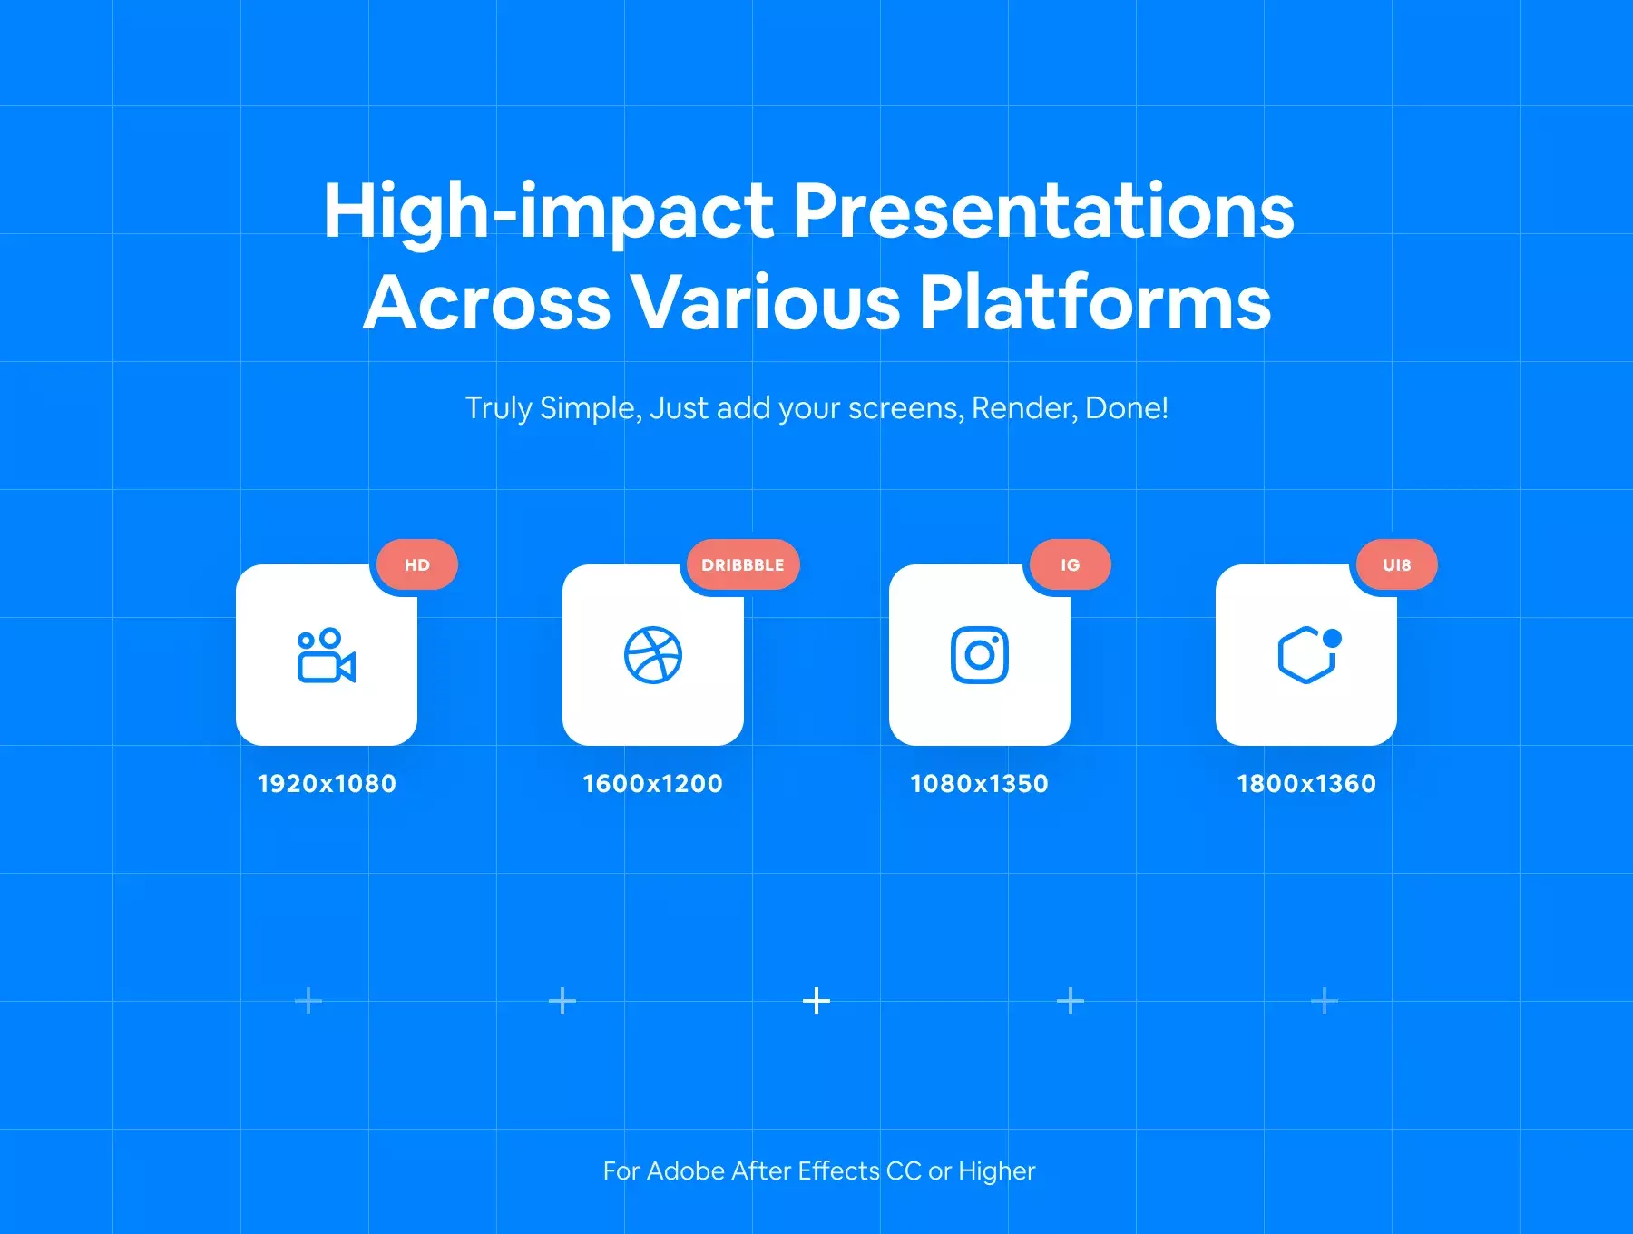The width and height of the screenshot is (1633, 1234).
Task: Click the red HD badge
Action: (x=417, y=564)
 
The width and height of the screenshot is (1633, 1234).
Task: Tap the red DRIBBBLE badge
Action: (x=743, y=564)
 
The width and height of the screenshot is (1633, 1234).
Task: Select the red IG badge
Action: (x=1071, y=564)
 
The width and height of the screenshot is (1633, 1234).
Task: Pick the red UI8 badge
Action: (x=1397, y=564)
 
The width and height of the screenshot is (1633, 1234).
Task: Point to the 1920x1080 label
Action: (x=327, y=783)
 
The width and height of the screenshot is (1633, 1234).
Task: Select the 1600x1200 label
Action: (x=652, y=783)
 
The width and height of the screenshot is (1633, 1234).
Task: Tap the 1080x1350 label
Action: (x=979, y=783)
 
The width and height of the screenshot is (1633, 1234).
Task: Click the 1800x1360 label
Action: (x=1306, y=783)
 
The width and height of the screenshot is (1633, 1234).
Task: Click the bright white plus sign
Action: (x=816, y=1001)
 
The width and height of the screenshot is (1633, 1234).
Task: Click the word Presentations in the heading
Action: (x=1044, y=211)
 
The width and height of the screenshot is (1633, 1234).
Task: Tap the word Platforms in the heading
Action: (x=1095, y=302)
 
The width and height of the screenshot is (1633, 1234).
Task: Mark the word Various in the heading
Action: (x=766, y=302)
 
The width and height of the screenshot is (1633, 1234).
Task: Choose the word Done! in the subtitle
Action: (x=1127, y=408)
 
